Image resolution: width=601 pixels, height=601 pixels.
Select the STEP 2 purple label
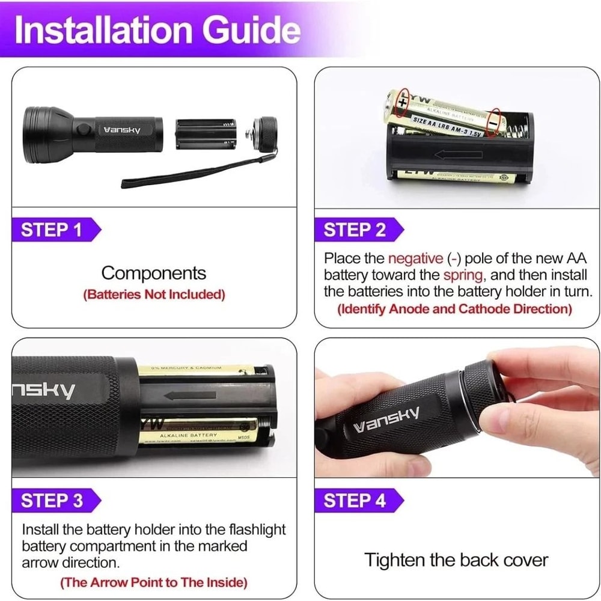point(355,230)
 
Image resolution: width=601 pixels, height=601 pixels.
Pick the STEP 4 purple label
point(355,500)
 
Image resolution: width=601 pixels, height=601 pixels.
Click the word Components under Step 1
point(153,273)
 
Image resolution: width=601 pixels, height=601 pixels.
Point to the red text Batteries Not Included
point(154,294)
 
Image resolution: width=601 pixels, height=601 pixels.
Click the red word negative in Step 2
point(415,258)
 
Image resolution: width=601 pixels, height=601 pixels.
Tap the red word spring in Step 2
point(463,275)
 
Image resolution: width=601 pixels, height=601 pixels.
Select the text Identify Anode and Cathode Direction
point(454,309)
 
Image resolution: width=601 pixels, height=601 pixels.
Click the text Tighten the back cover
point(456,560)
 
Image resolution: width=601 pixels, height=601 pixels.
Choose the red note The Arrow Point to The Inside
point(153,582)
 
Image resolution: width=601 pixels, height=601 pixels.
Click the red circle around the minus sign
point(493,122)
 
